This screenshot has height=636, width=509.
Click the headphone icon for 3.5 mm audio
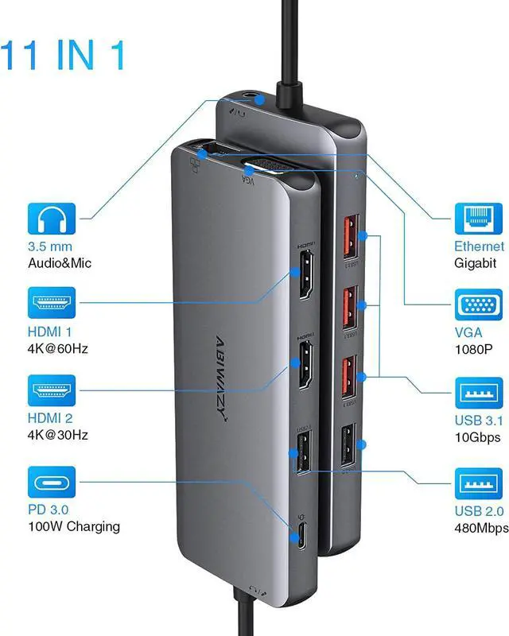(52, 219)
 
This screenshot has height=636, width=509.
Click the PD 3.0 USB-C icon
(52, 483)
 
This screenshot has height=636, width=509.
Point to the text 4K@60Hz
(58, 347)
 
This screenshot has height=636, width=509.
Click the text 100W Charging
(74, 526)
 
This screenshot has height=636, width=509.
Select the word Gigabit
(476, 263)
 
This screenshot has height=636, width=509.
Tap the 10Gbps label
(477, 438)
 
